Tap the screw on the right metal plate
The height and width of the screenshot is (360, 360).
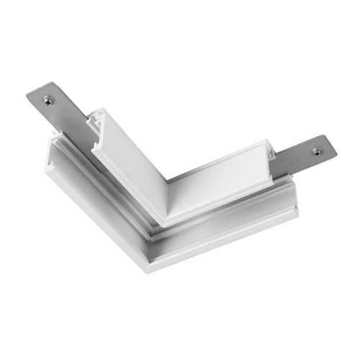tap(317, 151)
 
